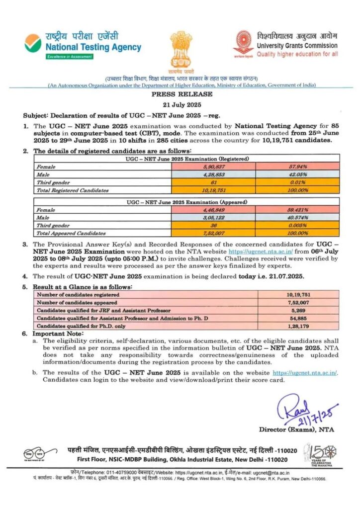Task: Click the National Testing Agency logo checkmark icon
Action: coord(33,44)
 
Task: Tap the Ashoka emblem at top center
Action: coord(180,48)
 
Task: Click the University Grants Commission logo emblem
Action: coord(244,44)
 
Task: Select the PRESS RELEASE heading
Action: coord(180,94)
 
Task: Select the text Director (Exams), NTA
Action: coord(293,429)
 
